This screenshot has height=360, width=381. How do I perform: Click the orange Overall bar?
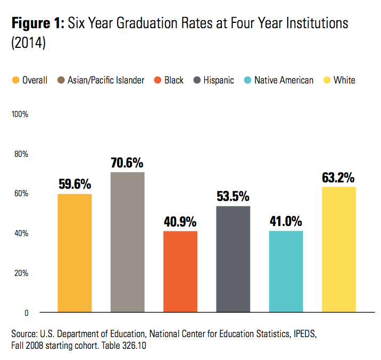coord(74,253)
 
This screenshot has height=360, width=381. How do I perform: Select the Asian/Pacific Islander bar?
coord(127,242)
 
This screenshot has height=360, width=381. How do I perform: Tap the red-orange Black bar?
coord(180,271)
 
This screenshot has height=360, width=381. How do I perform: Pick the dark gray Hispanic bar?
coord(233,258)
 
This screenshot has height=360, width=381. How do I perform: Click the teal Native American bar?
coord(286,271)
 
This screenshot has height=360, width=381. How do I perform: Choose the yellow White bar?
coord(339,249)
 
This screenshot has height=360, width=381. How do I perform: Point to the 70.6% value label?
coord(127,163)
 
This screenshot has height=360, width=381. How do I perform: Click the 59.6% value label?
coord(74,185)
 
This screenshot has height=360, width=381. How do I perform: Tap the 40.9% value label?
coord(180,221)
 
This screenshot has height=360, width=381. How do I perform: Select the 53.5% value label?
coord(233,196)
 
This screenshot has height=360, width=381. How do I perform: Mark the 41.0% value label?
coord(286,221)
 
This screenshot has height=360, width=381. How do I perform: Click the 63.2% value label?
coord(339,177)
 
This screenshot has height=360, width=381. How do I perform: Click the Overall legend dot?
coord(15,80)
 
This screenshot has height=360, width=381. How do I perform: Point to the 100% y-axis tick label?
coord(20,114)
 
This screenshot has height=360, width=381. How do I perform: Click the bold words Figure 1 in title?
coord(37,23)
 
